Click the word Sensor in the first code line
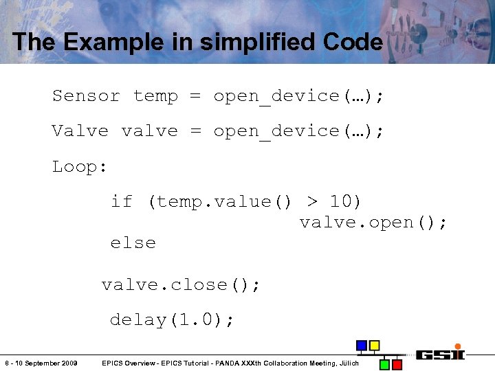click(86, 96)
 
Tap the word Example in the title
click(108, 42)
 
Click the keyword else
click(133, 243)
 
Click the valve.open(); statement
click(373, 223)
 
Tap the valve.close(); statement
click(181, 284)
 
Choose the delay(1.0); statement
click(173, 319)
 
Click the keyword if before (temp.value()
click(122, 201)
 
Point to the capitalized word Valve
click(80, 131)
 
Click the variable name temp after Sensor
click(155, 96)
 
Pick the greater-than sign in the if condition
click(313, 201)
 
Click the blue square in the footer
click(362, 345)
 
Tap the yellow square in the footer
click(374, 345)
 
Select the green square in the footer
click(385, 363)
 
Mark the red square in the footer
click(397, 363)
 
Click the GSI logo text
click(440, 355)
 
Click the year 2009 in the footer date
click(67, 363)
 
